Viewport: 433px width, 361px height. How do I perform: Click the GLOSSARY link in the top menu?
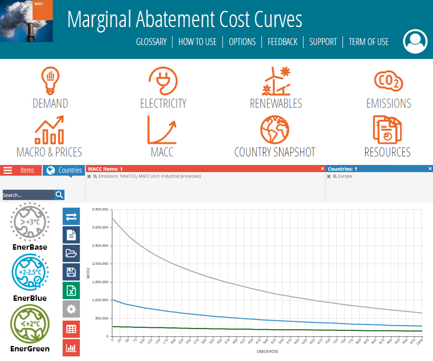151,42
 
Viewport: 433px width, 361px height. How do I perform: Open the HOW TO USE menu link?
197,42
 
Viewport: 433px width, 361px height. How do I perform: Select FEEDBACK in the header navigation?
283,42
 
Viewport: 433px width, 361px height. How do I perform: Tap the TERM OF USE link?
369,42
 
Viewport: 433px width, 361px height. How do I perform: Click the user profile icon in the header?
414,41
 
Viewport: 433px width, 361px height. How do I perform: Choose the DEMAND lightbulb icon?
51,81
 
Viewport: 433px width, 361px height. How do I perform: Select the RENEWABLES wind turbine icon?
276,81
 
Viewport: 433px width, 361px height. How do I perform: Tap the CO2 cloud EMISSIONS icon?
388,81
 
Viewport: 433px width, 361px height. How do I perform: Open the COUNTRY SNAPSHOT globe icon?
274,129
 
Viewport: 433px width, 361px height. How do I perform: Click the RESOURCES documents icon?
387,129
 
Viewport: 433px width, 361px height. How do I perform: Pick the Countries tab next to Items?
64,170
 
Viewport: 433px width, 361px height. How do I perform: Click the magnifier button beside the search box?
59,194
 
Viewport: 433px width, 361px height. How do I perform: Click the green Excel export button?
71,291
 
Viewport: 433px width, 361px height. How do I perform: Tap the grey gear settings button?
71,309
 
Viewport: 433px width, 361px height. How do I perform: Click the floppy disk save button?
71,272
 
